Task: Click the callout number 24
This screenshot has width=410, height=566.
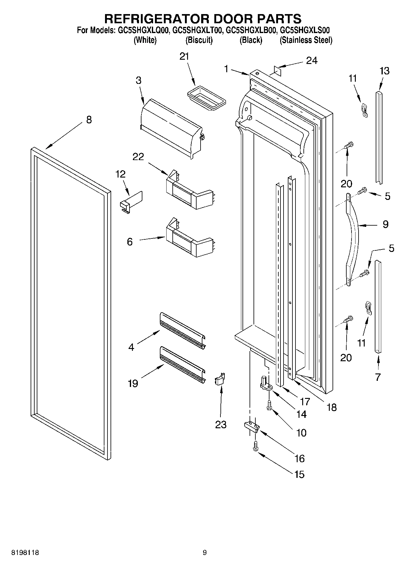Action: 312,61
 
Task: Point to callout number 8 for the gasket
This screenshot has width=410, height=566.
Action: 89,120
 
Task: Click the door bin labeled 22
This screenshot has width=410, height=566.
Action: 188,192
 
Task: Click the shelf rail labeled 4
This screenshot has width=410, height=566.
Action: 182,331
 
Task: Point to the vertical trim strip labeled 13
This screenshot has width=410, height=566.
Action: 379,138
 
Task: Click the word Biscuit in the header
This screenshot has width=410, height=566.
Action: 199,40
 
